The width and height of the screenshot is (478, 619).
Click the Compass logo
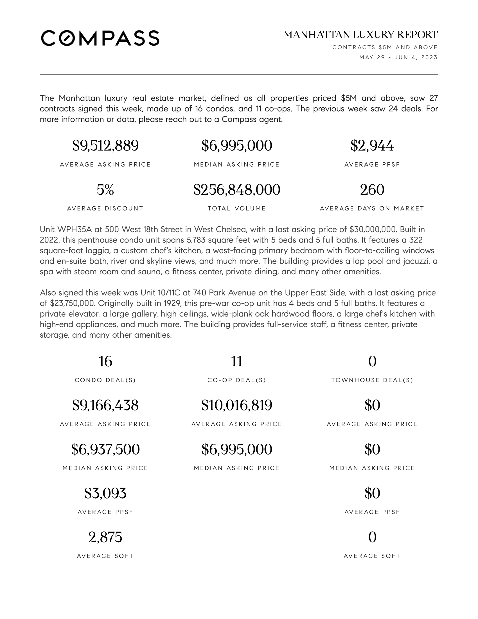[x=100, y=38]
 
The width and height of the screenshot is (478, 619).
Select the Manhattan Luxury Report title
[x=360, y=35]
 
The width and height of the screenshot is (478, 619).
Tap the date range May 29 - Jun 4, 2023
[x=398, y=57]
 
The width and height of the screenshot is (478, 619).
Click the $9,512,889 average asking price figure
[x=105, y=146]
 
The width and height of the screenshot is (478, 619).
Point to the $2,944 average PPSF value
[x=372, y=146]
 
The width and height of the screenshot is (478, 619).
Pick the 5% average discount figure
[x=105, y=190]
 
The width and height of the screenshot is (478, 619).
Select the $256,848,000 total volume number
[x=237, y=190]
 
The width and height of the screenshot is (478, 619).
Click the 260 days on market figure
[x=372, y=190]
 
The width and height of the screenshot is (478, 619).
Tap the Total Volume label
[x=237, y=208]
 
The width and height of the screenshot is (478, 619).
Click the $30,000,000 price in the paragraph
[x=373, y=229]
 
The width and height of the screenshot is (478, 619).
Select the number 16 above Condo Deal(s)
[x=105, y=361]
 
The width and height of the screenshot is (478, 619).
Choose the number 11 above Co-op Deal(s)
[x=237, y=361]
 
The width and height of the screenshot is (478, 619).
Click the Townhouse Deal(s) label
[x=372, y=380]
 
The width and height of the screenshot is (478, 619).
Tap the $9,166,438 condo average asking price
[x=105, y=405]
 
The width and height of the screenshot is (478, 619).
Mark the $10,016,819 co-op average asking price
[x=237, y=405]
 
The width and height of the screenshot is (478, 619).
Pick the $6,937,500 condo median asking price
[x=105, y=449]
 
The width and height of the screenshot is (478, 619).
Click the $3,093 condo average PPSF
[x=105, y=493]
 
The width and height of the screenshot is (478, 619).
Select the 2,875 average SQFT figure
[x=105, y=537]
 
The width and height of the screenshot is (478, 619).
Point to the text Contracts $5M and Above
[x=385, y=47]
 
